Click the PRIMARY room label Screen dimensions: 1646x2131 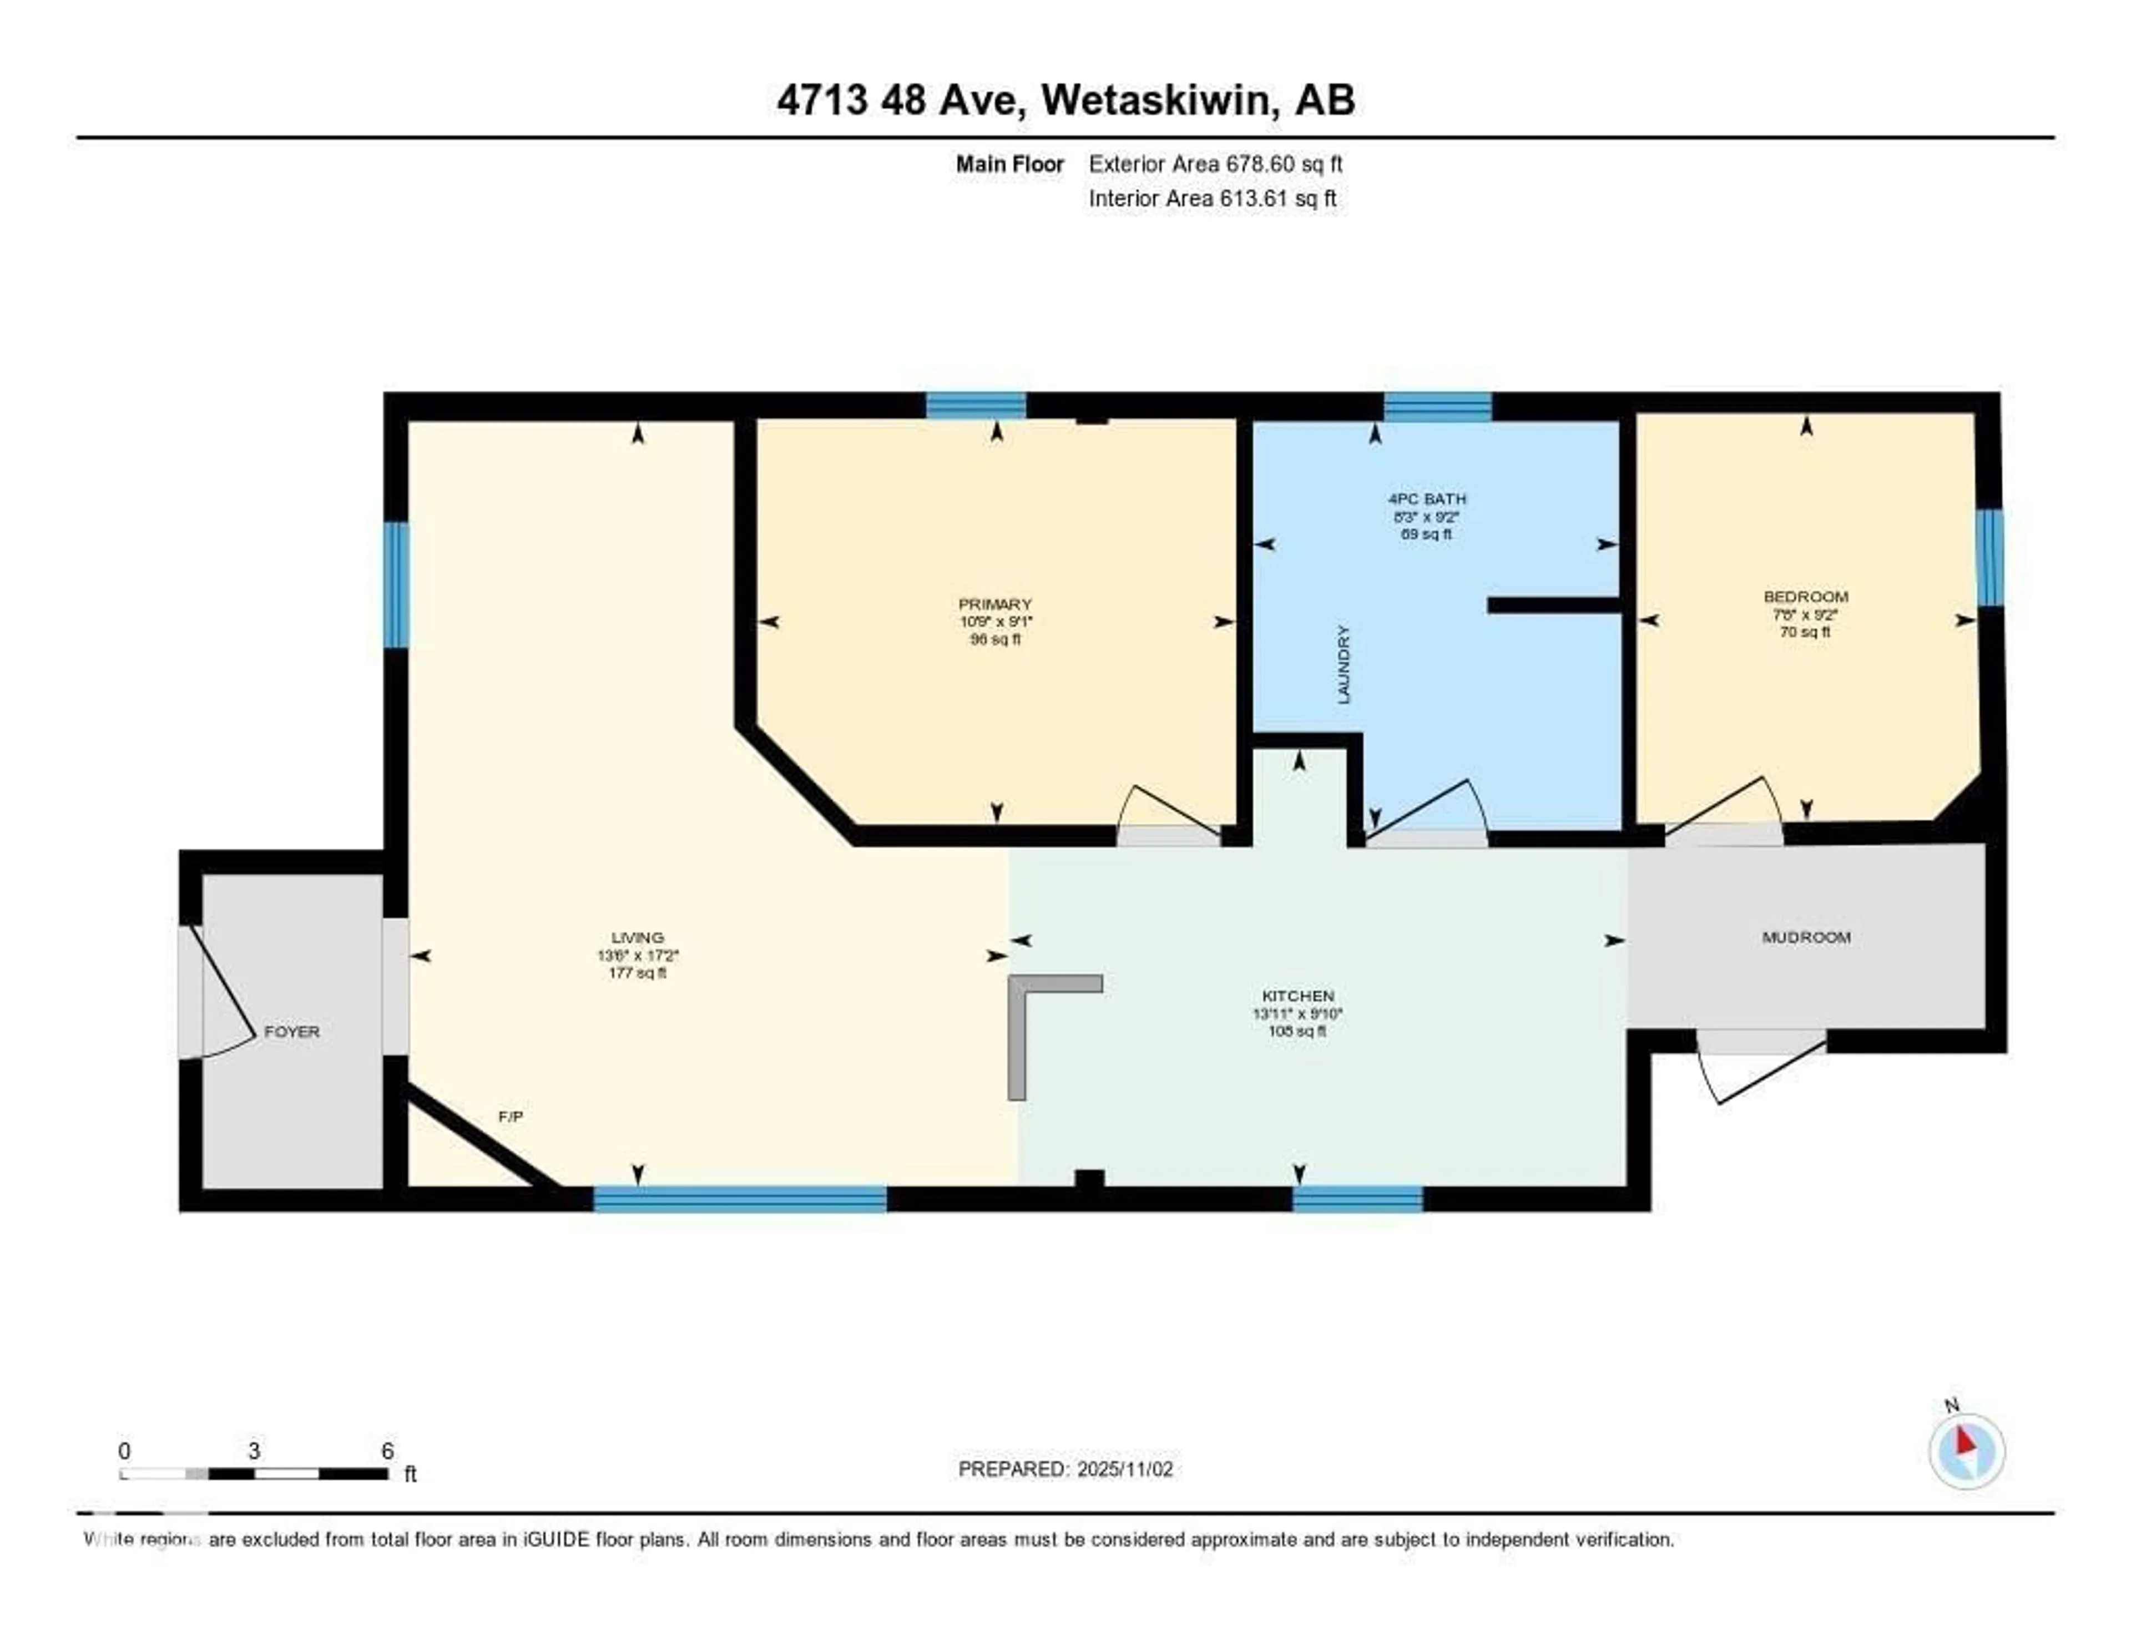pos(994,604)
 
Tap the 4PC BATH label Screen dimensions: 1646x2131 pos(1427,498)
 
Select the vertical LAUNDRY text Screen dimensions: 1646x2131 pos(1344,664)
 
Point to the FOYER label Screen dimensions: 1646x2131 pos(292,1031)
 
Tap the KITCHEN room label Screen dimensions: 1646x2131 pos(1297,995)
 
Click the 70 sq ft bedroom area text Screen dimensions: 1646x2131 pos(1805,632)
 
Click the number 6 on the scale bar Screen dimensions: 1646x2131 pos(387,1451)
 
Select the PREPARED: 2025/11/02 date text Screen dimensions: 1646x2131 pos(1065,1468)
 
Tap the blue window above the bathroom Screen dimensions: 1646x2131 pos(1437,406)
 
